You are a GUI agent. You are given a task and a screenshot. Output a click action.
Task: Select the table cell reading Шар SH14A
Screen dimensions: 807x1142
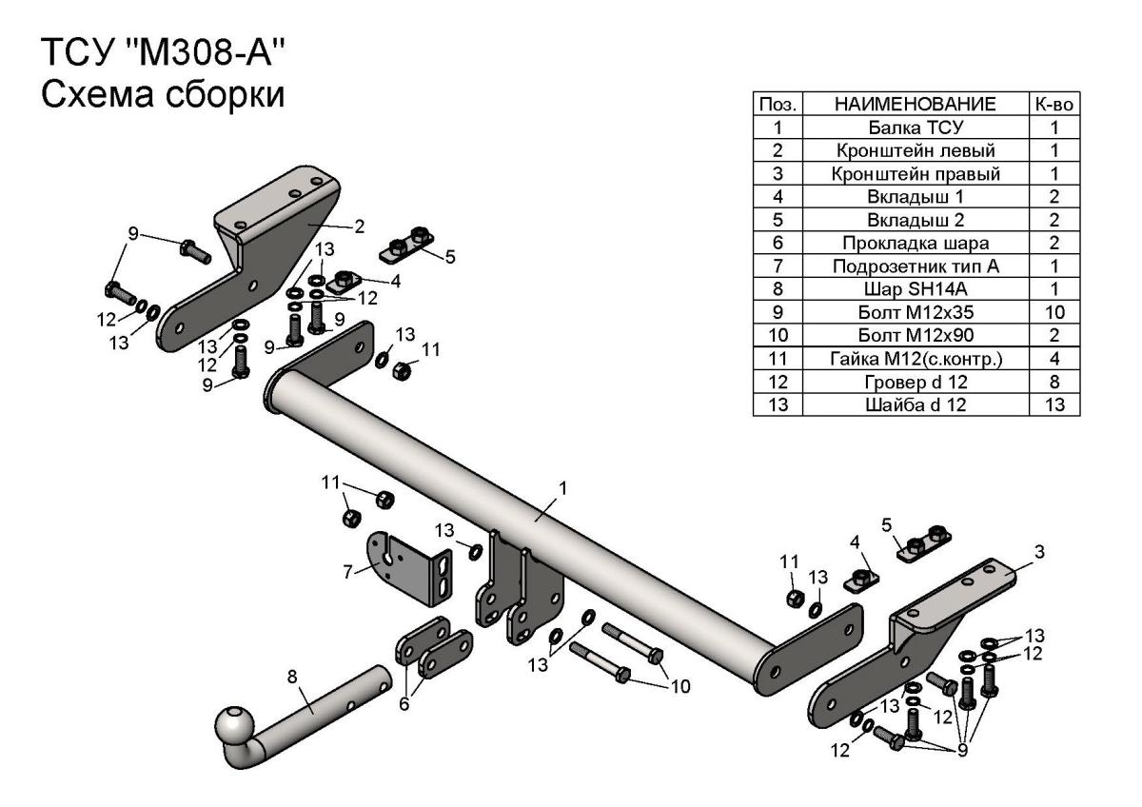917,289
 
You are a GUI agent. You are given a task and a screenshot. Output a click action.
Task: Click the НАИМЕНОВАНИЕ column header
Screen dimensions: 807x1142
917,104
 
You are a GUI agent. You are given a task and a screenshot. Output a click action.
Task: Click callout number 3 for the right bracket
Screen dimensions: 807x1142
1039,552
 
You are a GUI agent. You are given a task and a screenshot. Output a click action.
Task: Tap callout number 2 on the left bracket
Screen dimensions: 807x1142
360,226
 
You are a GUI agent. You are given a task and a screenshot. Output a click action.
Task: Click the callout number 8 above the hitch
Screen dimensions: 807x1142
293,678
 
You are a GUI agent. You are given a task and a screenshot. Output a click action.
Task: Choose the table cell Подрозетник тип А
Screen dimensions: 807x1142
917,266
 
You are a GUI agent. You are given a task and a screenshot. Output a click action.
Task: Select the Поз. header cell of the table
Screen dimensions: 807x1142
778,104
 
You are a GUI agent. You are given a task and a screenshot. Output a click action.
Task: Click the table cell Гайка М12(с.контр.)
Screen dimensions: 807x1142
917,359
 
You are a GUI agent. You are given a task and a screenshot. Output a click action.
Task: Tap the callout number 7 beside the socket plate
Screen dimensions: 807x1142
347,571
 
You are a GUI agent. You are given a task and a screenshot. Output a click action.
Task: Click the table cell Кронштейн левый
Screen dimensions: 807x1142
917,150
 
